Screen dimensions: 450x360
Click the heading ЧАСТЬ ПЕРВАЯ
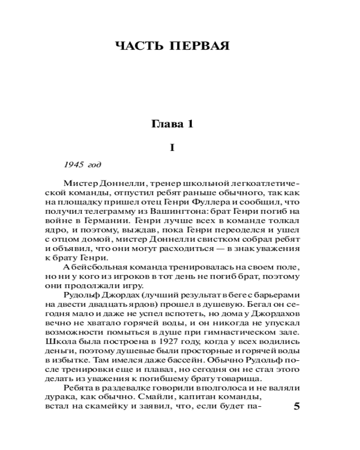pyautogui.click(x=173, y=46)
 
